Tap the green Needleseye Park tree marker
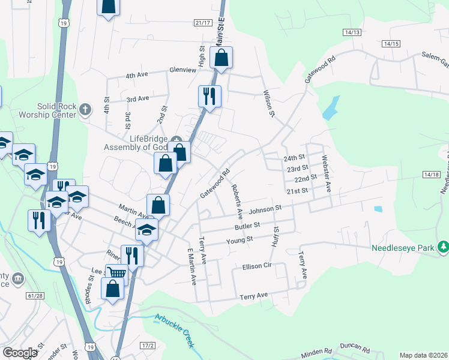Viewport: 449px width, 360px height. click(x=443, y=246)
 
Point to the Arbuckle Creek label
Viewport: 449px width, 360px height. click(x=175, y=330)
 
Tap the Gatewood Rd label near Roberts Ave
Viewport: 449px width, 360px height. click(x=215, y=184)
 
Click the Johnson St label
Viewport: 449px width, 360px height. click(x=265, y=209)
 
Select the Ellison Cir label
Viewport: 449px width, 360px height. click(x=259, y=266)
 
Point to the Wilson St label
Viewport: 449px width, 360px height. click(x=268, y=103)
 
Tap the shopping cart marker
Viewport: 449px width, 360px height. click(x=116, y=273)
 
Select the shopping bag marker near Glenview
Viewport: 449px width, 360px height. click(x=221, y=58)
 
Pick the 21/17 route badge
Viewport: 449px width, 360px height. click(x=203, y=23)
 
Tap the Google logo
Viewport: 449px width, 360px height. click(x=20, y=352)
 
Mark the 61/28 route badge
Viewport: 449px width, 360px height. click(x=36, y=296)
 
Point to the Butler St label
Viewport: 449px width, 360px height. click(x=247, y=226)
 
